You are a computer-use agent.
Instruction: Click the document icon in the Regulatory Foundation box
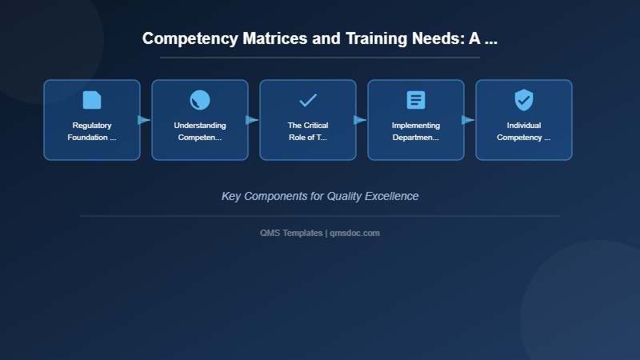pyautogui.click(x=92, y=100)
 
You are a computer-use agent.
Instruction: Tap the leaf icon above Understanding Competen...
pyautogui.click(x=200, y=100)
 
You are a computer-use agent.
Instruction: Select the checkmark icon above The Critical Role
pyautogui.click(x=308, y=100)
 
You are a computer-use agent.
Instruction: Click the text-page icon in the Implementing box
pyautogui.click(x=416, y=100)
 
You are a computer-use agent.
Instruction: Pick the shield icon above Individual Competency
pyautogui.click(x=524, y=100)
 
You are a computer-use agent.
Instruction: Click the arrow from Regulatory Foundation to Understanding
pyautogui.click(x=145, y=120)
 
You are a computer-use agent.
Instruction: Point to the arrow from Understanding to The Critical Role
pyautogui.click(x=253, y=120)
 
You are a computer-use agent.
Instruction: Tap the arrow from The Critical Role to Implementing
pyautogui.click(x=361, y=120)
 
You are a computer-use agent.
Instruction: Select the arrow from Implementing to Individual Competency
pyautogui.click(x=469, y=120)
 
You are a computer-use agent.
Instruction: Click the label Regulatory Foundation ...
pyautogui.click(x=92, y=131)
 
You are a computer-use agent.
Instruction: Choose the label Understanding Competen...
pyautogui.click(x=200, y=131)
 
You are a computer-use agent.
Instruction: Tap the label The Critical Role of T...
pyautogui.click(x=308, y=131)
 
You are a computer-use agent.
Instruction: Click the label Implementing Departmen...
pyautogui.click(x=416, y=131)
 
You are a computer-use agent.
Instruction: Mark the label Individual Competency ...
pyautogui.click(x=524, y=131)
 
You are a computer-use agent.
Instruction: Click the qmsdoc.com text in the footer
pyautogui.click(x=355, y=233)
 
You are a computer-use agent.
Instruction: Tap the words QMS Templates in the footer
pyautogui.click(x=291, y=233)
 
